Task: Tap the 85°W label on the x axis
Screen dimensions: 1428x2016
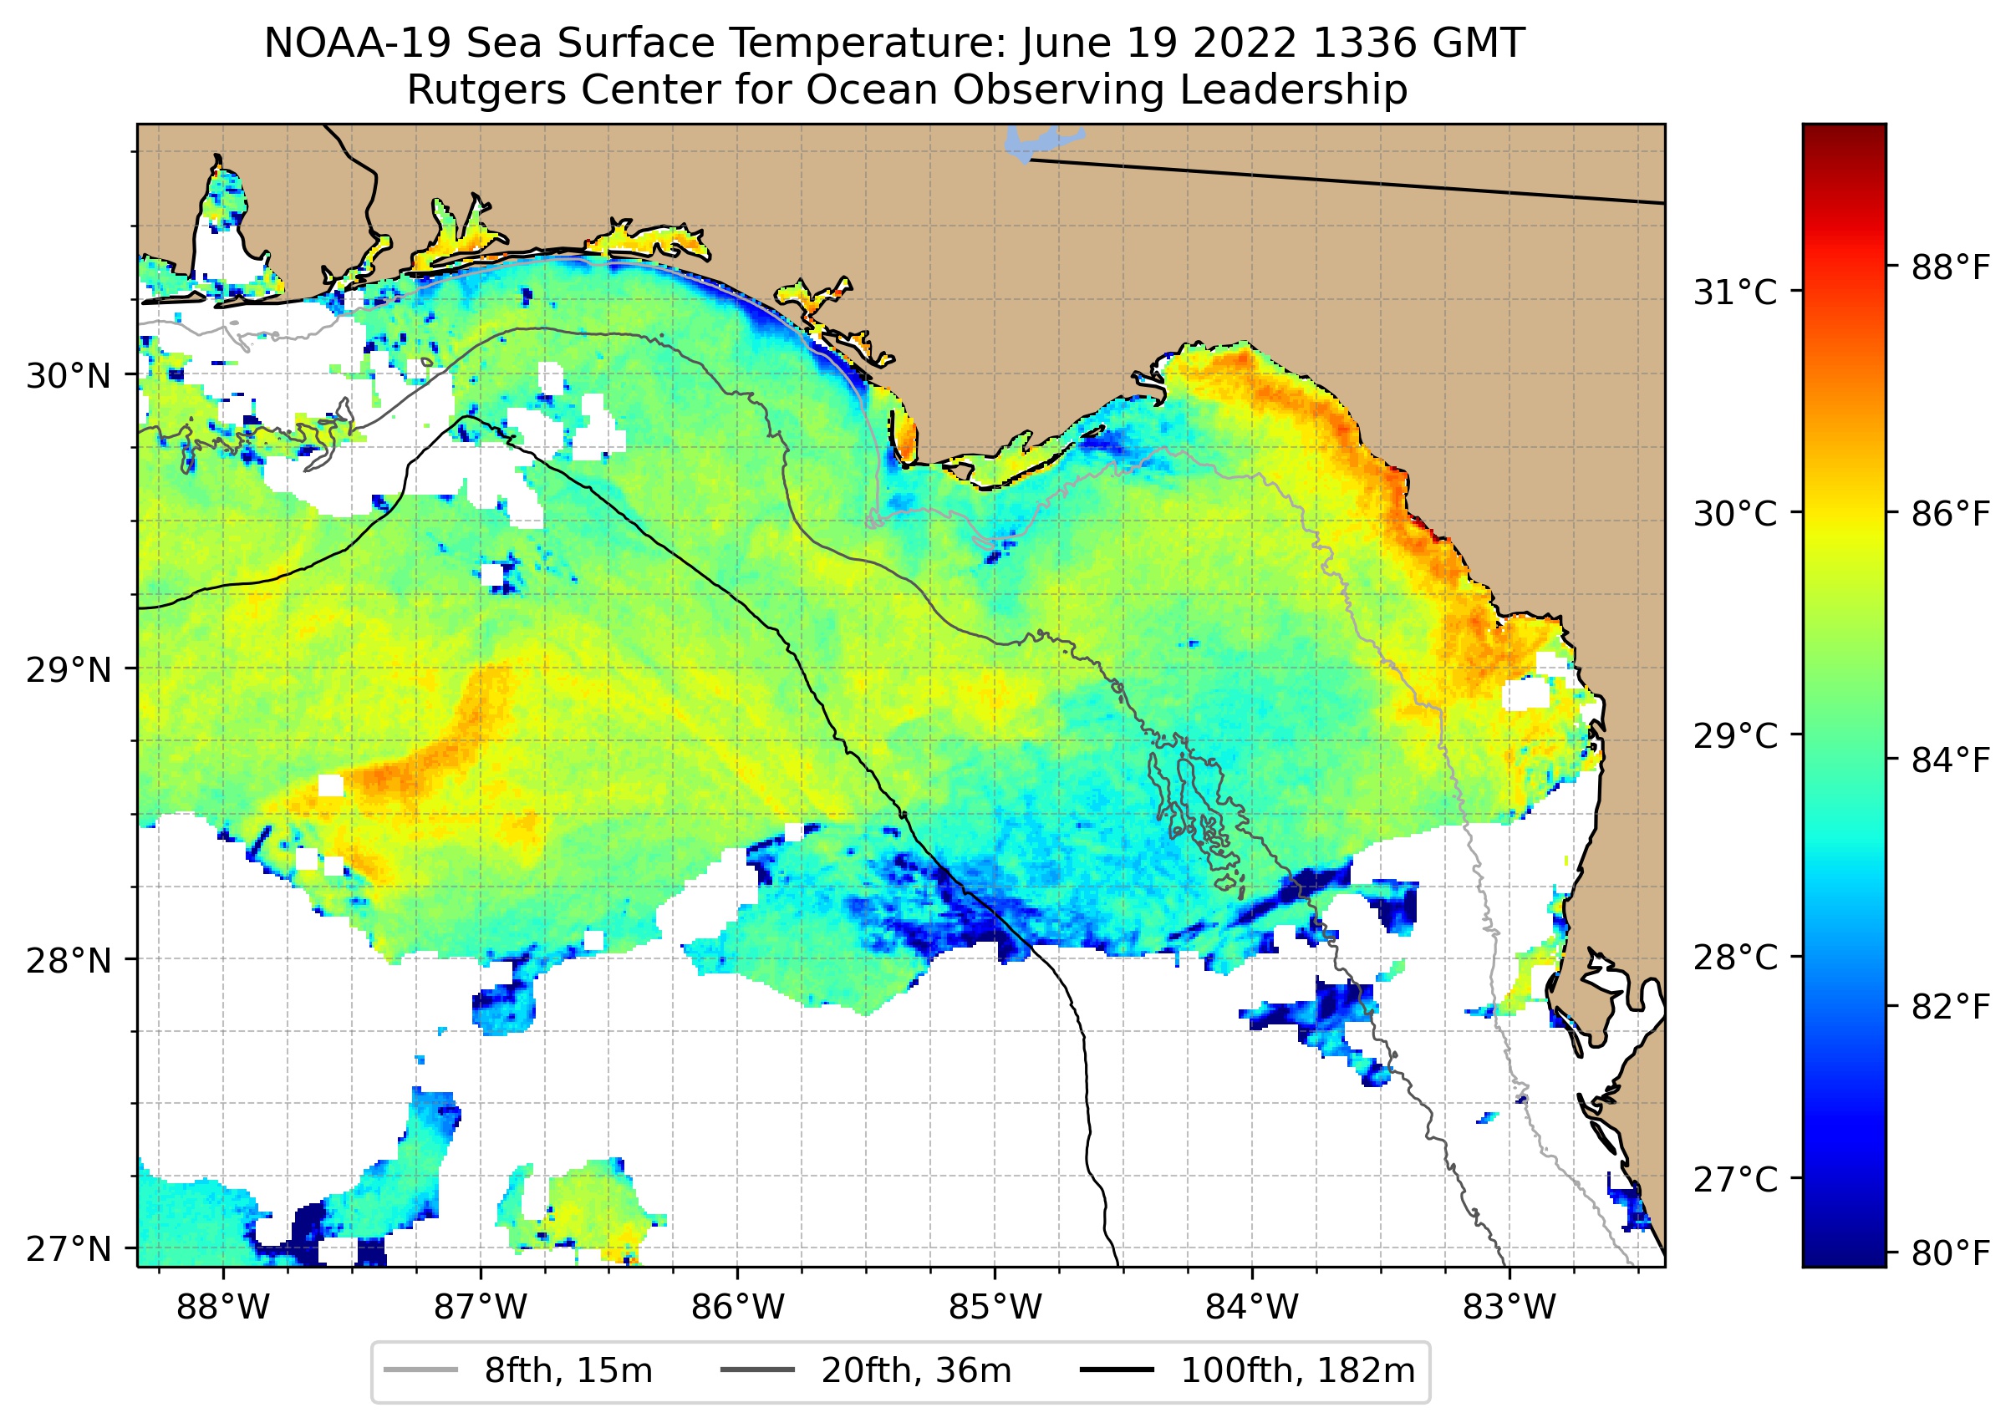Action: (x=995, y=1308)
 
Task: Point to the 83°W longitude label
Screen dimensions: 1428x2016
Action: (x=1509, y=1308)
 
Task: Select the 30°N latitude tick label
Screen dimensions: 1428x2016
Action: (x=69, y=375)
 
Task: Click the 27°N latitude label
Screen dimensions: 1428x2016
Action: (x=69, y=1248)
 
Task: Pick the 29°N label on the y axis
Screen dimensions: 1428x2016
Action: (x=69, y=670)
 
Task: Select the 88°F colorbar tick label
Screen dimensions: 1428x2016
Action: (x=1950, y=267)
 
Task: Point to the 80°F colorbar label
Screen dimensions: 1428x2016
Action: (x=1950, y=1253)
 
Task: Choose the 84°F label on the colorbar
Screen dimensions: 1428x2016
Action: (x=1950, y=760)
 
